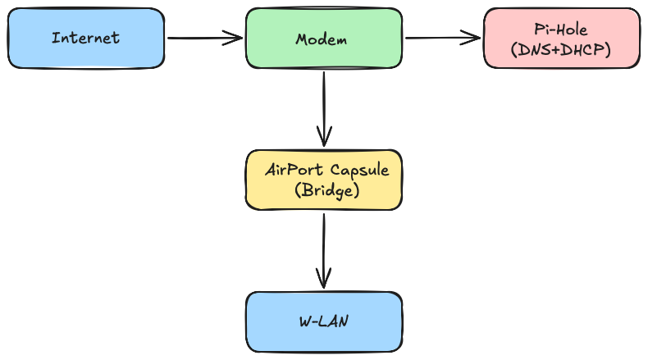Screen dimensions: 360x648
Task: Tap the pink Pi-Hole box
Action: [x=561, y=38]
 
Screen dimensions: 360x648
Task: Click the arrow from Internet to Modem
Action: [x=205, y=38]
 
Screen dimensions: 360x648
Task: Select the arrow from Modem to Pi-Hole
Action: [x=443, y=37]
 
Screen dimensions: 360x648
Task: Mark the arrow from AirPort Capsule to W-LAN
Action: [x=324, y=250]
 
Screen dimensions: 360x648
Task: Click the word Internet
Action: [x=85, y=38]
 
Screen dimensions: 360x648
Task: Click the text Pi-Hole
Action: [x=562, y=29]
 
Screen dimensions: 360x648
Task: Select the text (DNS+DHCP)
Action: [x=561, y=49]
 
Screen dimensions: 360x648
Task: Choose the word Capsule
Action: [x=359, y=170]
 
